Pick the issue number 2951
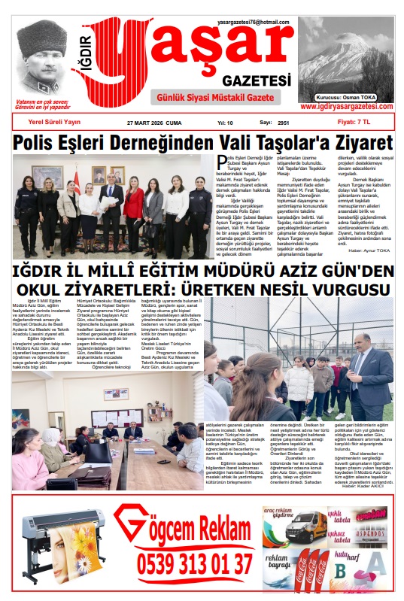point(284,121)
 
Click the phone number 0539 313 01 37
point(195,563)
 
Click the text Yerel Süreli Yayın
point(55,121)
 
